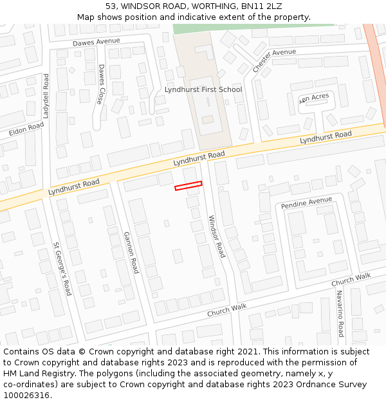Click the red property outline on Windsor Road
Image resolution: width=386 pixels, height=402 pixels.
[x=188, y=186]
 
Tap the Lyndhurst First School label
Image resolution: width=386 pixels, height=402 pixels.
[x=203, y=89]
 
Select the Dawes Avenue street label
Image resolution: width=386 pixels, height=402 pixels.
[x=96, y=42]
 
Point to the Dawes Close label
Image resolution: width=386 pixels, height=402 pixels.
[x=100, y=84]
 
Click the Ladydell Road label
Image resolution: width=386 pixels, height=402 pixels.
[x=46, y=95]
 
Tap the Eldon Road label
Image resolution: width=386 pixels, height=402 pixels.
[x=26, y=130]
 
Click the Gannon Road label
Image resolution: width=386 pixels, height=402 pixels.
[x=131, y=252]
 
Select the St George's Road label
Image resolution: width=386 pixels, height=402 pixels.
[x=62, y=268]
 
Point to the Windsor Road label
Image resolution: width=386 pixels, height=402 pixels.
[x=216, y=237]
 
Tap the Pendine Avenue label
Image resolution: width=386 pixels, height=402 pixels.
[x=307, y=203]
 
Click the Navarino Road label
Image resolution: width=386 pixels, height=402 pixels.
[x=339, y=313]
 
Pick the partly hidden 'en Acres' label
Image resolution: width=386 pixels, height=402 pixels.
[x=315, y=96]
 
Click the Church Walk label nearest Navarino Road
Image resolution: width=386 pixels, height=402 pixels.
[x=351, y=280]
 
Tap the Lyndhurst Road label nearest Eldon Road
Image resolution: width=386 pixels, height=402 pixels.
[x=73, y=188]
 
